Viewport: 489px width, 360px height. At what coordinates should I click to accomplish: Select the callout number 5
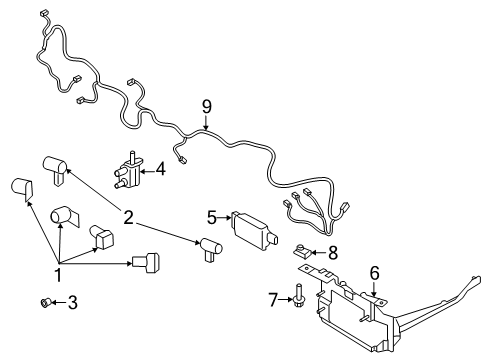[x=212, y=216]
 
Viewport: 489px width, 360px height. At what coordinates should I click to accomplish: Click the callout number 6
[x=375, y=271]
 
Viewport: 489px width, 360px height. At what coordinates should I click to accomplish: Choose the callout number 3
[x=71, y=302]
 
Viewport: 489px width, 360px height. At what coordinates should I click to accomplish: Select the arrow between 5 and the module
[x=224, y=217]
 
